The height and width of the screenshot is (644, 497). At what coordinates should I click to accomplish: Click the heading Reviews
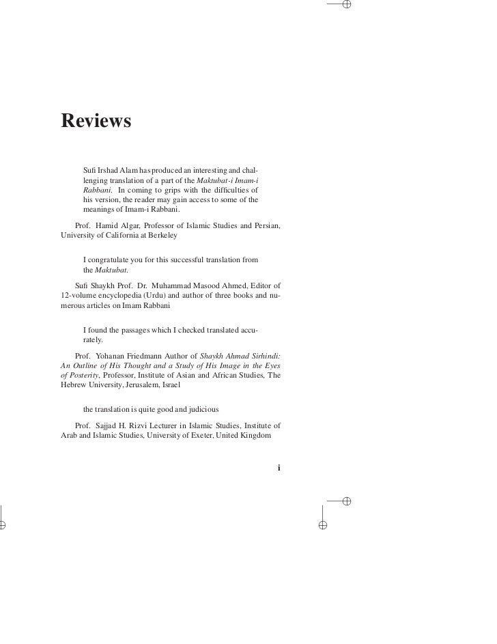[x=95, y=120]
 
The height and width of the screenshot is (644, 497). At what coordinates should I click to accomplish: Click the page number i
[x=279, y=468]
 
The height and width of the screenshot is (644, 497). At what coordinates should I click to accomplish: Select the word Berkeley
[x=160, y=236]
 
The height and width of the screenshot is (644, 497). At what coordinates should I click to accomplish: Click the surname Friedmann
[x=158, y=356]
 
